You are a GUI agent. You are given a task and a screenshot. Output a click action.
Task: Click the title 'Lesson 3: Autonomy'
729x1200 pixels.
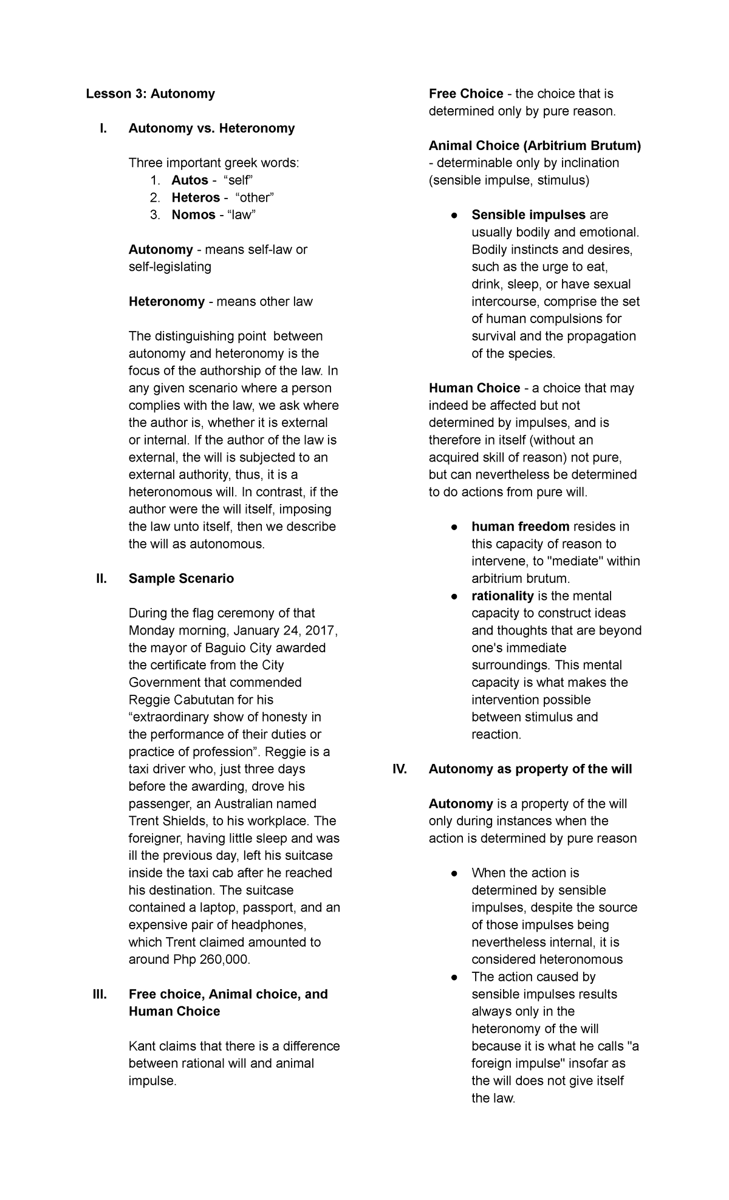(150, 94)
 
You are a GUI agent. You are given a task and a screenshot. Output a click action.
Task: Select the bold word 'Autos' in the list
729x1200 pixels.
(190, 180)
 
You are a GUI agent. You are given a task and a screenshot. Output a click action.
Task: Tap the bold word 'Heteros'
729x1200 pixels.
(196, 197)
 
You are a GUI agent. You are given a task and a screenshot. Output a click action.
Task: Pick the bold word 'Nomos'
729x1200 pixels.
(193, 215)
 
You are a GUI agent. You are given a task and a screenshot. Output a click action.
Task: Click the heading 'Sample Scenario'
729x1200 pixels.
(181, 579)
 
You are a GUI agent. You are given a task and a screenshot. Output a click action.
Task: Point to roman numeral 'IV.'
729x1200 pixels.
(399, 769)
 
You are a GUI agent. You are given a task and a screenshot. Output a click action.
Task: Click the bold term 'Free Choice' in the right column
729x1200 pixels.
(466, 94)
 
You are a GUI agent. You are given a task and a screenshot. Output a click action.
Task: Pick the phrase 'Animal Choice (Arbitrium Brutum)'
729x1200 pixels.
(535, 146)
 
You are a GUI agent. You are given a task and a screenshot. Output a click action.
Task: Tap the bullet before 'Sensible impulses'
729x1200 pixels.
(454, 216)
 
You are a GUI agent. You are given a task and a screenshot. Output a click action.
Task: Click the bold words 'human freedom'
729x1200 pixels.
(520, 527)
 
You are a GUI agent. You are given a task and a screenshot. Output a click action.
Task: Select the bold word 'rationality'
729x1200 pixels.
(502, 596)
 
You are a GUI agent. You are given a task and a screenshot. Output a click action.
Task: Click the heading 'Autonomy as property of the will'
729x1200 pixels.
(530, 769)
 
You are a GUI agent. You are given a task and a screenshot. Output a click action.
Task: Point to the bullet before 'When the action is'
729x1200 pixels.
(454, 873)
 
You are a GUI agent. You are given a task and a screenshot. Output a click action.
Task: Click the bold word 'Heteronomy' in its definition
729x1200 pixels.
(166, 302)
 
